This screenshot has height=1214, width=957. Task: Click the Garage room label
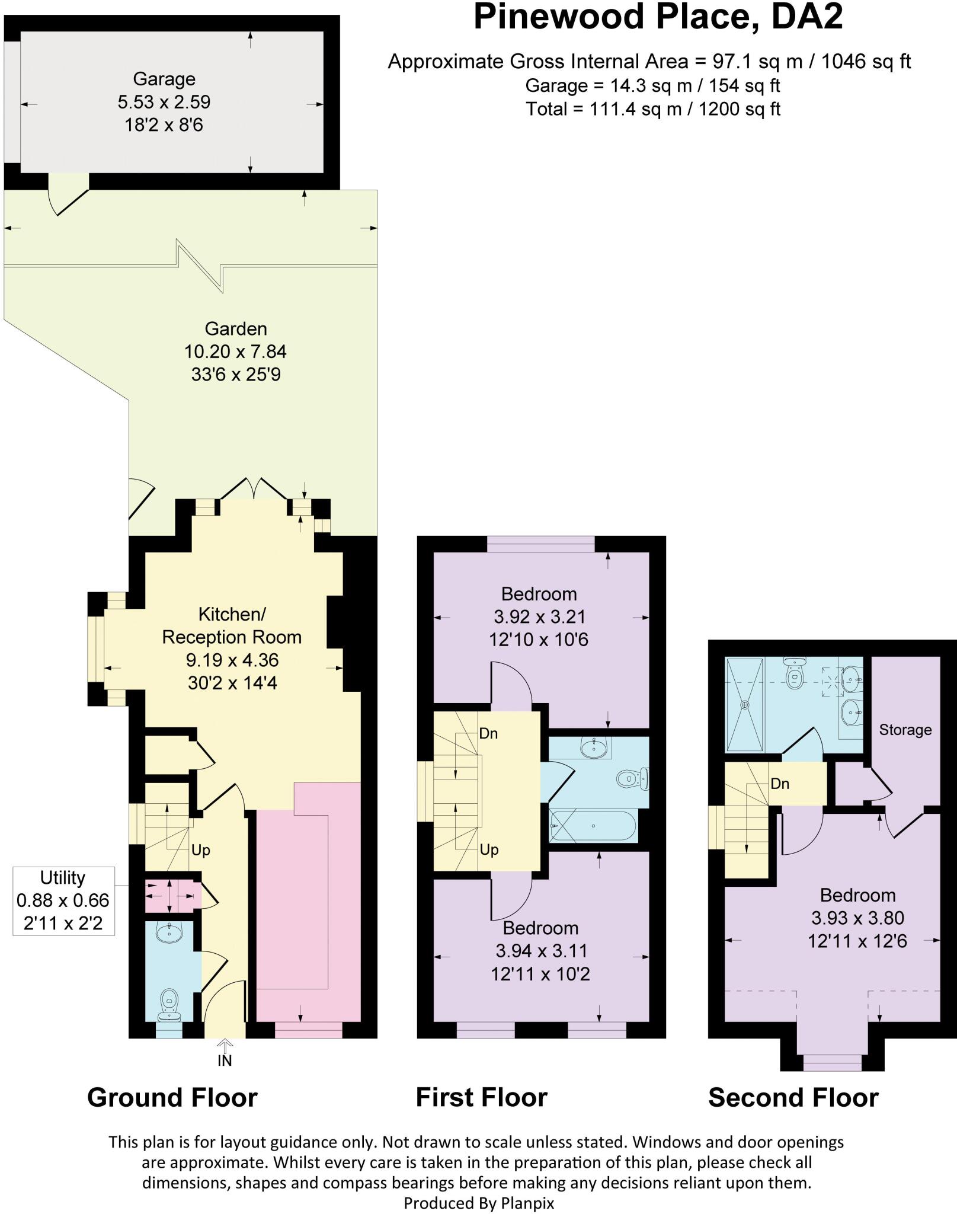coord(164,79)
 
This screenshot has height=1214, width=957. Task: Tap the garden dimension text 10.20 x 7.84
coord(235,352)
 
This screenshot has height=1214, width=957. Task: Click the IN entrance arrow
coord(225,1057)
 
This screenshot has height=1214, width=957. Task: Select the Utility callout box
coord(63,901)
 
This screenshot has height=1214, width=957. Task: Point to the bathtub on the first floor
coord(593,826)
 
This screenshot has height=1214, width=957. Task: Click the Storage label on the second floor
coord(905,730)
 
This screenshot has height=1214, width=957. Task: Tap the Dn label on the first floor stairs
coord(488,734)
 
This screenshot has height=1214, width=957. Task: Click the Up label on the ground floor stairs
coord(201,851)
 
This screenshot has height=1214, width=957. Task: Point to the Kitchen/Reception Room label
coord(232,625)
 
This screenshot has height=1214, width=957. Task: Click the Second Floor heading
coord(793,1098)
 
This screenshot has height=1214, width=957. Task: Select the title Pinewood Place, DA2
coord(658,17)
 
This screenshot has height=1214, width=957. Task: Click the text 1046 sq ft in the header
coord(866,61)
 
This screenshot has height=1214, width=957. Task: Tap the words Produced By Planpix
coord(479,1203)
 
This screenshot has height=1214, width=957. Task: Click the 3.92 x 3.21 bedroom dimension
coord(539,617)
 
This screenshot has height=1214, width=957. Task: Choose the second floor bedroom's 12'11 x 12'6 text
coord(857,941)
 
